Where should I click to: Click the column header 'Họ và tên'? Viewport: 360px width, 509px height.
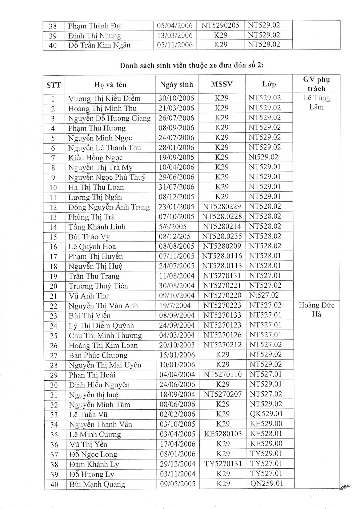110,85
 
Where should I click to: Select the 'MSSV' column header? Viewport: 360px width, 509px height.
222,84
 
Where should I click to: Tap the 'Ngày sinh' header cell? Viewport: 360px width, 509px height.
177,85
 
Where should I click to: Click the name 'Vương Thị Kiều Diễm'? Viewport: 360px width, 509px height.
104,98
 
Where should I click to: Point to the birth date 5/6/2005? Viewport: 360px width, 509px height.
172,227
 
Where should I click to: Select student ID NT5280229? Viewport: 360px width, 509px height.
222,207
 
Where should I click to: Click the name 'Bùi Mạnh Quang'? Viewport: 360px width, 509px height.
97,484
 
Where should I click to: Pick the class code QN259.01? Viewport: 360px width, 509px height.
266,483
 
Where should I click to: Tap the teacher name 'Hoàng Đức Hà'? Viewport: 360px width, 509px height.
317,310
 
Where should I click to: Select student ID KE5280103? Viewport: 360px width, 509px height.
223,434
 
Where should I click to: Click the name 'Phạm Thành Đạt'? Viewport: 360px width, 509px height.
95,26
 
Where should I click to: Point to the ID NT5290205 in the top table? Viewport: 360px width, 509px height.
220,26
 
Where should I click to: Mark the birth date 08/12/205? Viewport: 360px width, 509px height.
174,237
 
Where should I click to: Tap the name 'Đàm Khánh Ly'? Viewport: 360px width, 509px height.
94,464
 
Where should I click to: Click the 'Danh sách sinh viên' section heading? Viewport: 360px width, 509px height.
191,66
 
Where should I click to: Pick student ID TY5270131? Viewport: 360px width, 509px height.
223,464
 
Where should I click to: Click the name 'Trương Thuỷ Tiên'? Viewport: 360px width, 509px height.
98,286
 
